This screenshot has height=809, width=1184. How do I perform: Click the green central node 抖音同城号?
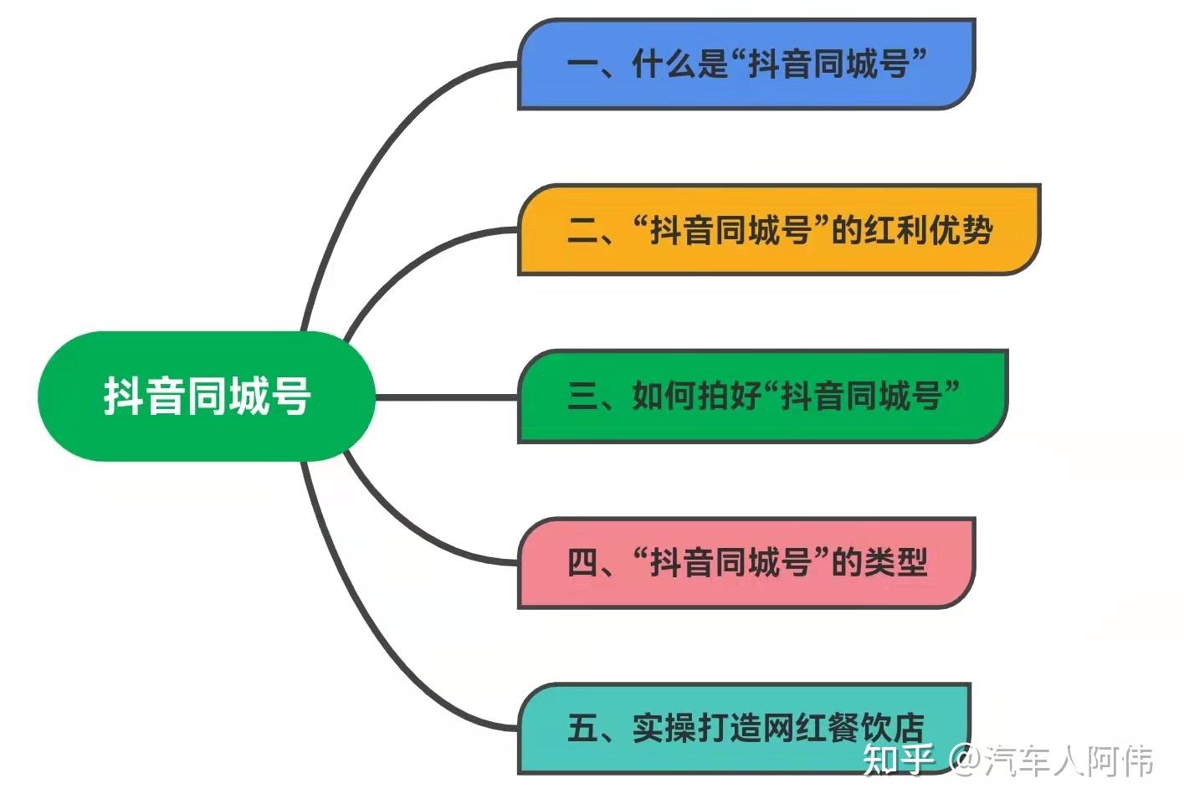click(206, 396)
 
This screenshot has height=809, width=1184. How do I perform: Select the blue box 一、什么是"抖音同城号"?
click(746, 64)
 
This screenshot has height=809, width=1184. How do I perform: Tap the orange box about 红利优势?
click(778, 230)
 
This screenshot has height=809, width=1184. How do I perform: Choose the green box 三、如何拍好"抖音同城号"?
click(761, 396)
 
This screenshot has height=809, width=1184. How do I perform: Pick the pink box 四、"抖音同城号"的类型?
click(746, 562)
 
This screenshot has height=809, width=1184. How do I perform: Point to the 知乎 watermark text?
click(898, 760)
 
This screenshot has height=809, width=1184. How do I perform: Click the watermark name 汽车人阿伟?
click(1069, 760)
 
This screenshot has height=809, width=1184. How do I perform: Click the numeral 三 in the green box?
click(582, 397)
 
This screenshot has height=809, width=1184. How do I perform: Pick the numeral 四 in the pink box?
click(582, 562)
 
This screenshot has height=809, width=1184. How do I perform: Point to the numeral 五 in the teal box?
click(582, 728)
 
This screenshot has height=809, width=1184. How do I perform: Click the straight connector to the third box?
click(446, 397)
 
